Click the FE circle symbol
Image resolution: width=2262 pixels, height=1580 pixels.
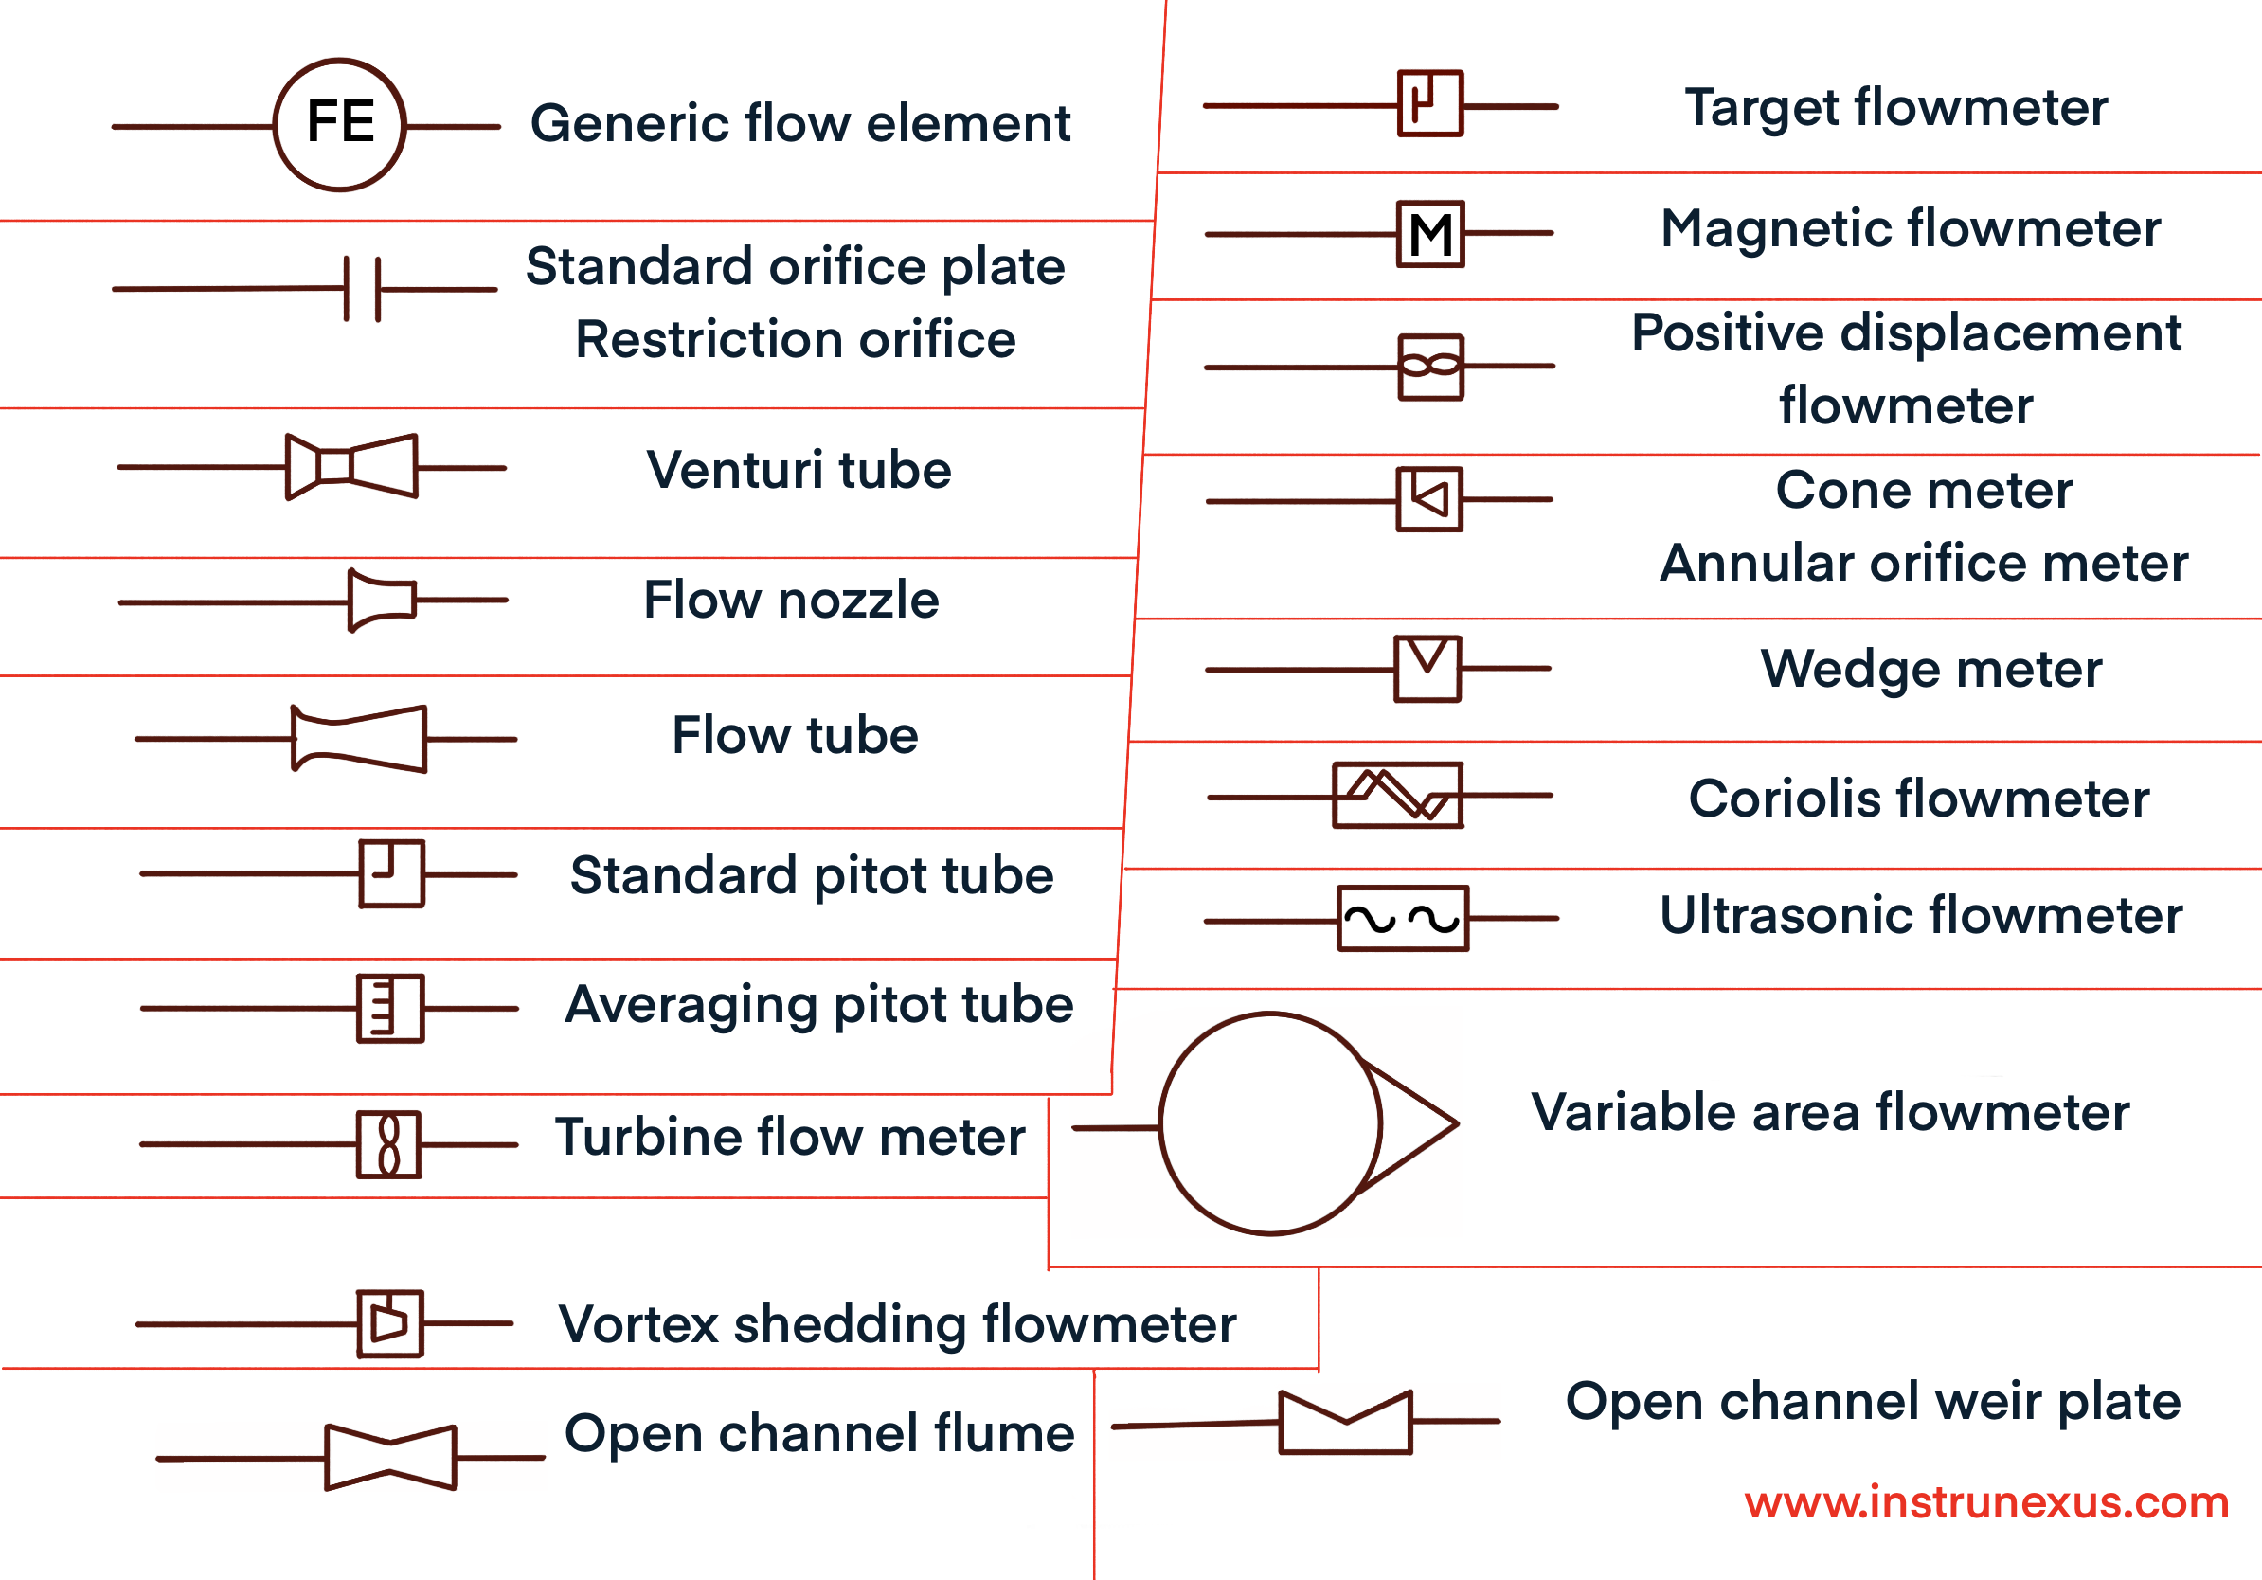(x=340, y=124)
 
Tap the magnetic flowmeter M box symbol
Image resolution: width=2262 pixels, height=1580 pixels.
(x=1430, y=234)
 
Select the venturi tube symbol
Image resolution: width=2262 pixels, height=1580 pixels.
(x=351, y=466)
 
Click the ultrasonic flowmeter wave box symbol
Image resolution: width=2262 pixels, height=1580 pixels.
(x=1403, y=918)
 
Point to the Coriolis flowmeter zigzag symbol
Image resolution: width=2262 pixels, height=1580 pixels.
(x=1398, y=795)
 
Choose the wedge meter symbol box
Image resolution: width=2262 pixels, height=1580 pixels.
(x=1427, y=669)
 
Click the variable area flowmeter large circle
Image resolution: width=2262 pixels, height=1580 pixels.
(x=1271, y=1122)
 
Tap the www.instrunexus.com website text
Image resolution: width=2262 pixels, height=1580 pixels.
(x=1986, y=1502)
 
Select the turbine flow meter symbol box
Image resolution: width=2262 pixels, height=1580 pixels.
(x=389, y=1144)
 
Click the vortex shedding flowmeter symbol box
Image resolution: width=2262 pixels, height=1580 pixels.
(x=390, y=1324)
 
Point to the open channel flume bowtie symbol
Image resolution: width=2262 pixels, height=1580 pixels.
(x=391, y=1458)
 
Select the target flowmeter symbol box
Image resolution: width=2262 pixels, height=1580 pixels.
(x=1430, y=103)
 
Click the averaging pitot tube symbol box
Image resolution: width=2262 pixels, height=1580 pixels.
(x=391, y=1009)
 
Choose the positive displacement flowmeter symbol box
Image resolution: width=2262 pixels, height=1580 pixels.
(x=1430, y=368)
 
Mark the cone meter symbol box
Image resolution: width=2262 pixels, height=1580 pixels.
(x=1429, y=499)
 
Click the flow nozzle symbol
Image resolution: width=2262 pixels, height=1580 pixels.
(x=383, y=600)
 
